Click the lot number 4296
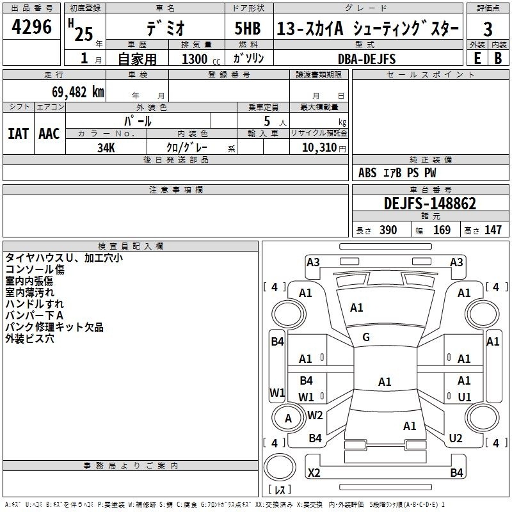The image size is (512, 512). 31,27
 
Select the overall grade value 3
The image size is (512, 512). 488,29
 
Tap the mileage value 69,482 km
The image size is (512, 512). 78,92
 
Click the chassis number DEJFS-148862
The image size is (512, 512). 430,203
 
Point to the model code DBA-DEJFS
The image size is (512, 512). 367,59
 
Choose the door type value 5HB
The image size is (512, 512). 248,28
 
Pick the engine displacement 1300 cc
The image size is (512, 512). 201,59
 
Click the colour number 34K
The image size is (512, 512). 106,148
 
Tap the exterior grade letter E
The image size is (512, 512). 477,58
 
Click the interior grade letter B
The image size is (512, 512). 498,58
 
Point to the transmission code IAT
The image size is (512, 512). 19,134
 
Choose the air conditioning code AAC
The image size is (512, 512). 49,134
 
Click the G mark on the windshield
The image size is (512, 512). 366,337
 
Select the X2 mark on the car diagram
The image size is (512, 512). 314,472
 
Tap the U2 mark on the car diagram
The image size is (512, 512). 456,438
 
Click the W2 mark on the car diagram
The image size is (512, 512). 315,415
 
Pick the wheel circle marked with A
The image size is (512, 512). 289,419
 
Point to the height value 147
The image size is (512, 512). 493,230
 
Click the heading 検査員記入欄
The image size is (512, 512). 131,246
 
